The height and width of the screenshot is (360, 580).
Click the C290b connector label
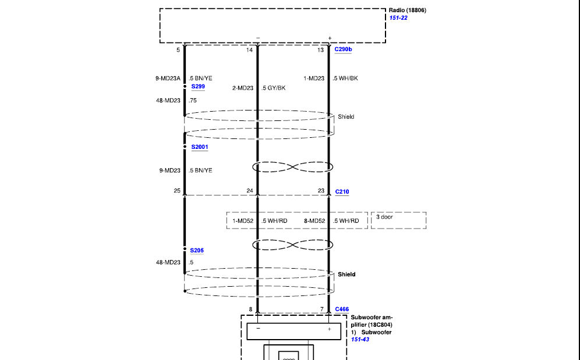[343, 49]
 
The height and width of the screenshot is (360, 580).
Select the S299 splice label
[198, 87]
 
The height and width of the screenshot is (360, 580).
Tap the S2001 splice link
[200, 147]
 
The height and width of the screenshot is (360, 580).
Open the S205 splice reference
[197, 250]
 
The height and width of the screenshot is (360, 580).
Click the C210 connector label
[342, 191]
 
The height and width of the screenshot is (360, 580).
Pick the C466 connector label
[342, 309]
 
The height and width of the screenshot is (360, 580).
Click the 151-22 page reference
[398, 18]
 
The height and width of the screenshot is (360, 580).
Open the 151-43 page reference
[360, 339]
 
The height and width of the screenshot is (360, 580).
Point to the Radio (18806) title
[407, 10]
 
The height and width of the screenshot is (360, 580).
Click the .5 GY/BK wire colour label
[273, 88]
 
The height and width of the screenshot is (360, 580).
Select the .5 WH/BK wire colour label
[345, 79]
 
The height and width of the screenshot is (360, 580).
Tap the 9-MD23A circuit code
[168, 79]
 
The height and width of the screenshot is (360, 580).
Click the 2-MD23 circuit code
[243, 88]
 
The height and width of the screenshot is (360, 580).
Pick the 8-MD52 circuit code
[314, 220]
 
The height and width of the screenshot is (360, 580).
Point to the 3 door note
[384, 217]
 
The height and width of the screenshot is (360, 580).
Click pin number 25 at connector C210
[177, 191]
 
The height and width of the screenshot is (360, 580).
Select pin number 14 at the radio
[249, 50]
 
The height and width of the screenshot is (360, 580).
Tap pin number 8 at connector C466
[250, 309]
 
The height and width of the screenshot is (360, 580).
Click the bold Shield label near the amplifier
[346, 275]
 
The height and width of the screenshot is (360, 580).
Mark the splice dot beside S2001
[185, 147]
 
